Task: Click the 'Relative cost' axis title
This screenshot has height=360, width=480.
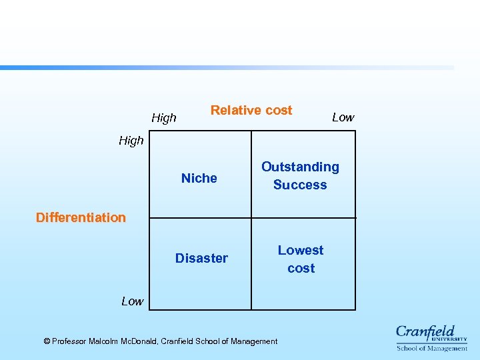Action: click(x=251, y=111)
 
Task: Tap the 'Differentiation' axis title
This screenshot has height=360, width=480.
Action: click(x=81, y=217)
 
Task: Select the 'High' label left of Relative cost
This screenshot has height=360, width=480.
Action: click(x=164, y=118)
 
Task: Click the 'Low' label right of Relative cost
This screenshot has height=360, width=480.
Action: click(x=343, y=117)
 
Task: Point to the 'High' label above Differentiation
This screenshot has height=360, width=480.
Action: click(x=131, y=141)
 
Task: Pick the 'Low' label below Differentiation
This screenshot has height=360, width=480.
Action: click(x=132, y=301)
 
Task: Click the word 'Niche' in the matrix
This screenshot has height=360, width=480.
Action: click(x=199, y=178)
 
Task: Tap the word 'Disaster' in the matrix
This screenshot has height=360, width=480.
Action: click(x=201, y=258)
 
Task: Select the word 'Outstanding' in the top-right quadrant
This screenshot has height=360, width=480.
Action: click(x=300, y=167)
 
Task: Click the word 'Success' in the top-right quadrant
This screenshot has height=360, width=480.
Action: click(x=300, y=185)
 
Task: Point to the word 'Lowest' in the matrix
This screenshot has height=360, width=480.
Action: click(x=301, y=250)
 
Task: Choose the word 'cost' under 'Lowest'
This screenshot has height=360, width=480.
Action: click(x=301, y=268)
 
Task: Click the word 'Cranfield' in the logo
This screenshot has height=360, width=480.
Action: click(x=425, y=331)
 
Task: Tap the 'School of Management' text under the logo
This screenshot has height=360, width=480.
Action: click(x=432, y=348)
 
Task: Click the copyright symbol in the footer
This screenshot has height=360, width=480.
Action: click(x=47, y=341)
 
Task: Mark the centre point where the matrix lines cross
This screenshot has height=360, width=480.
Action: click(x=251, y=217)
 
